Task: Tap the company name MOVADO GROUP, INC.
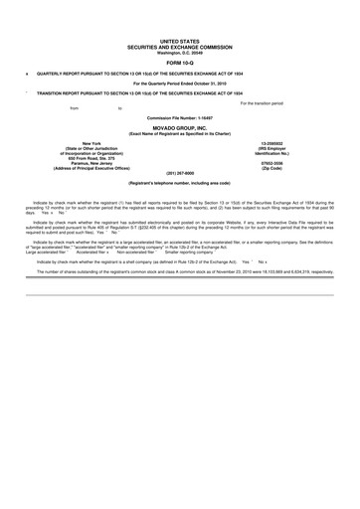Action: click(179, 128)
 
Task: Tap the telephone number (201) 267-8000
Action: click(179, 173)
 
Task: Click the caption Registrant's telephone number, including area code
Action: click(179, 184)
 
